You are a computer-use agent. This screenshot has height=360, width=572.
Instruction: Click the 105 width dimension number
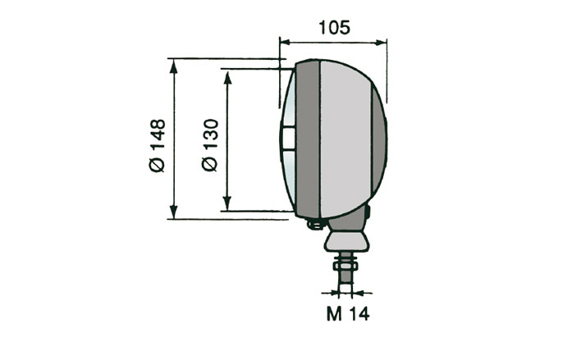(x=333, y=27)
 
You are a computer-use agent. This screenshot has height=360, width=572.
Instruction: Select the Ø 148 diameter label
(x=158, y=145)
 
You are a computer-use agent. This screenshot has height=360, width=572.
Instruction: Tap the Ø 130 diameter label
(x=209, y=145)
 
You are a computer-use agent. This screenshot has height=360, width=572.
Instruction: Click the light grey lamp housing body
(x=349, y=139)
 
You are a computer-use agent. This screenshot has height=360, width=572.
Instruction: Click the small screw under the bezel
(x=313, y=223)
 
